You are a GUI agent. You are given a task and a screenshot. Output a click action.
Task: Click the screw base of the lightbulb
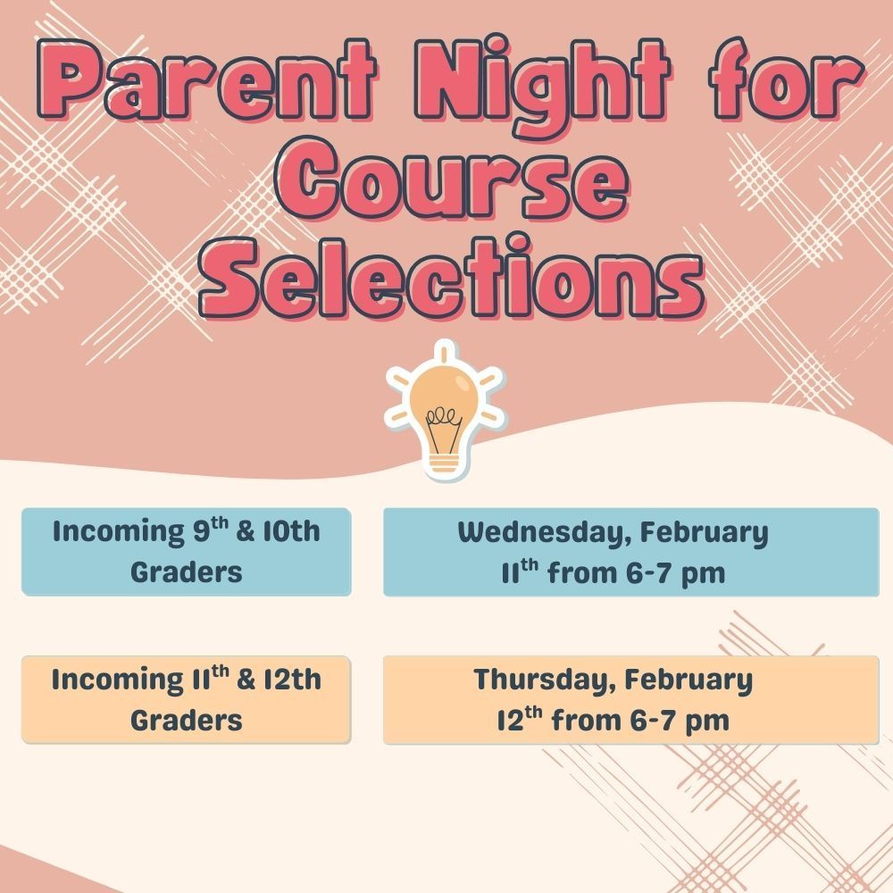[x=445, y=463]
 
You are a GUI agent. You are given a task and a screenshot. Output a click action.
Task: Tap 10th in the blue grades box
[x=290, y=532]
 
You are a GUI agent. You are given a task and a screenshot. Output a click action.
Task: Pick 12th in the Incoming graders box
[x=290, y=680]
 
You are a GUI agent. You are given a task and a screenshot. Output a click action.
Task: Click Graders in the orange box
[x=186, y=720]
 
